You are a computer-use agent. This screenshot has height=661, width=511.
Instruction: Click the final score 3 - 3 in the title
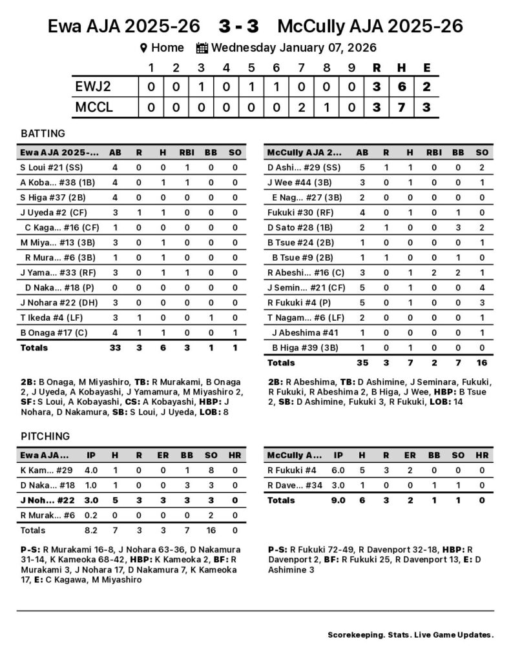click(238, 26)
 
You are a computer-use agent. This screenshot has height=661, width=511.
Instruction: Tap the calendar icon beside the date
click(202, 48)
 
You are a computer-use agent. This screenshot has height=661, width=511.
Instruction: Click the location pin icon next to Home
click(144, 48)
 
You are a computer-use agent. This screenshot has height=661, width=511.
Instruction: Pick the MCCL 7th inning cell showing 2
click(301, 107)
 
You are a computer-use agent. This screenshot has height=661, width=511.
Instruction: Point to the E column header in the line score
click(426, 68)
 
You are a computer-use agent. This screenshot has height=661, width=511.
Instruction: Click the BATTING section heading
click(43, 134)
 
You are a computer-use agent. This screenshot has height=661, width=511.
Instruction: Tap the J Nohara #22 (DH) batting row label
click(54, 302)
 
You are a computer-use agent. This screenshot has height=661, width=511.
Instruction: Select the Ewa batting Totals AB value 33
click(116, 347)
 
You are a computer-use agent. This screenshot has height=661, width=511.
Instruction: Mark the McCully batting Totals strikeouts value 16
click(481, 363)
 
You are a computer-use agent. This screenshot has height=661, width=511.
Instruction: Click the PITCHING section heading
click(45, 436)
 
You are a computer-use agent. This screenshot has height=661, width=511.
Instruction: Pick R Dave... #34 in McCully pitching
click(294, 485)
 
